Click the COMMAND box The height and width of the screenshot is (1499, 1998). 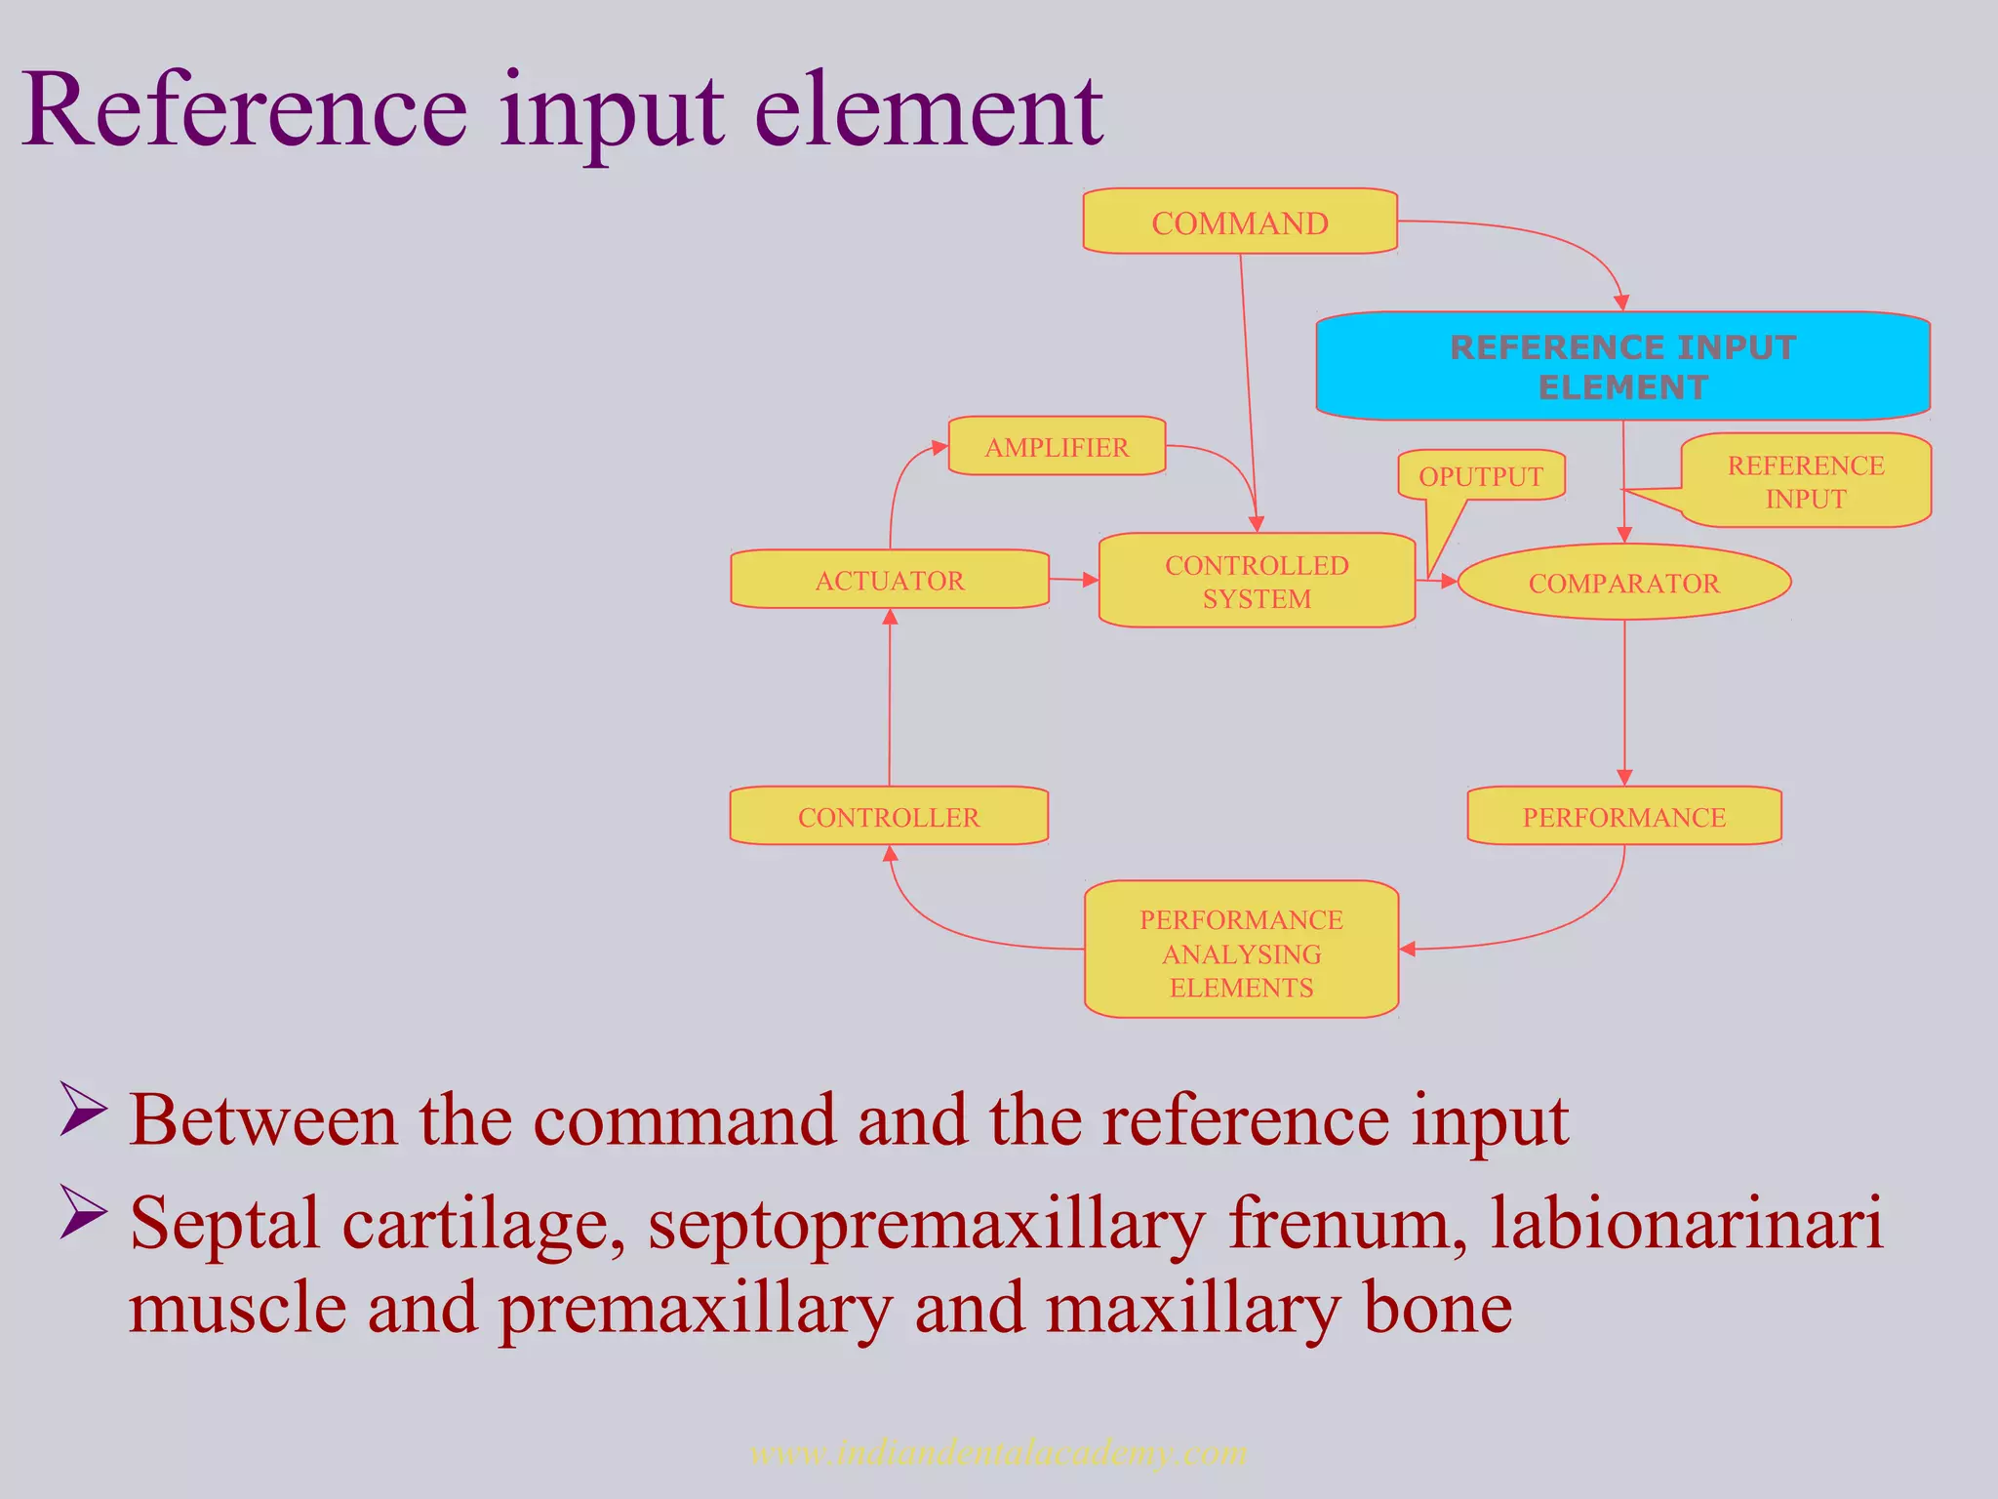click(x=1239, y=223)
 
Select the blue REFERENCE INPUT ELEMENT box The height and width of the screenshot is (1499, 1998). click(x=1622, y=366)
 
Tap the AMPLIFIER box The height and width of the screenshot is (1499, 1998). click(x=1057, y=447)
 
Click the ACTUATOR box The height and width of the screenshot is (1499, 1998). click(x=889, y=580)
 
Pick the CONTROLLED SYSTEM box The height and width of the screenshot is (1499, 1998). click(x=1257, y=581)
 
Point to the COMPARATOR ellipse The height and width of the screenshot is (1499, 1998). click(x=1623, y=583)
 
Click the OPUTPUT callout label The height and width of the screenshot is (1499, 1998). click(x=1480, y=476)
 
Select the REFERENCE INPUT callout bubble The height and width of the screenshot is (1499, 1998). click(x=1805, y=481)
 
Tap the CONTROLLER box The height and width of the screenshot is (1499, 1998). click(x=888, y=817)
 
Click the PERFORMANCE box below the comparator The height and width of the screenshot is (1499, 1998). click(x=1623, y=817)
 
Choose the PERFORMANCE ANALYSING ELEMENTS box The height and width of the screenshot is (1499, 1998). click(x=1241, y=952)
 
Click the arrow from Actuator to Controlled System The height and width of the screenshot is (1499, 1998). click(x=1073, y=580)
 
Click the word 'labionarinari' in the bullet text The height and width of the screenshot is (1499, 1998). click(x=1686, y=1224)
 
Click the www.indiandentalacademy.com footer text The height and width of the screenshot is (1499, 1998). click(x=998, y=1453)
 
